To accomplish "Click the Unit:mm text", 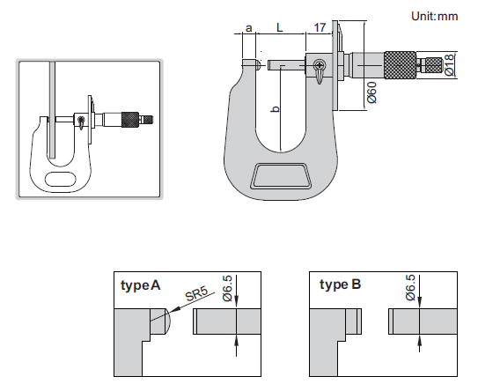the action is coord(434,16).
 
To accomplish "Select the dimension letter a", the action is coord(249,28).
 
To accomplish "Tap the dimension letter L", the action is coord(280,27).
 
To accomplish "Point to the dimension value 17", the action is coord(320,27).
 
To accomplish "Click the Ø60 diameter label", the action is coord(371,92).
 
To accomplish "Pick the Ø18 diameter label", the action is coord(449,64).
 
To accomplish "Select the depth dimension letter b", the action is coord(276,108).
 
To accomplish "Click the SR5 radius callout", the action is coord(196,294).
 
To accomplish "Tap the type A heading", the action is coord(140,285).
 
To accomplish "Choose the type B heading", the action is coord(340,284).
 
